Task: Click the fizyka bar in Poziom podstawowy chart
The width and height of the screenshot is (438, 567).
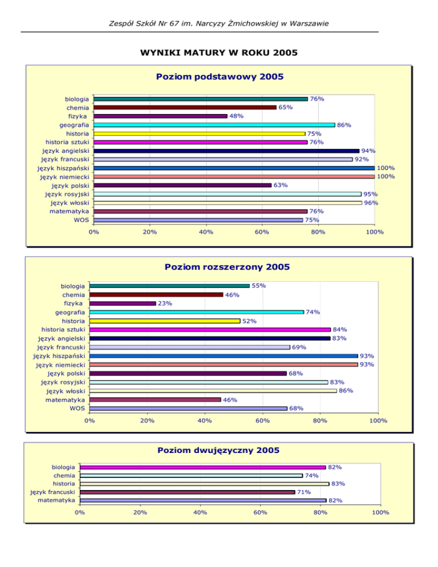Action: [161, 116]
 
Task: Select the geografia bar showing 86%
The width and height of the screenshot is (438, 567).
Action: [214, 125]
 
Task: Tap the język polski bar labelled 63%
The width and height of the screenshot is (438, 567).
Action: [182, 185]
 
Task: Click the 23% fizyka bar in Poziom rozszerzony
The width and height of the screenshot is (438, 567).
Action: [123, 303]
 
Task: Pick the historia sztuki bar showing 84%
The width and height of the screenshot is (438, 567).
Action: [210, 330]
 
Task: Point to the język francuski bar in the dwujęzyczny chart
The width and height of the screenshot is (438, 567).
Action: [188, 492]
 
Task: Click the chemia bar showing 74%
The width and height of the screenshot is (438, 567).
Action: [191, 475]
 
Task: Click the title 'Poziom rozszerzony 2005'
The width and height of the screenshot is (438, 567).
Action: [227, 266]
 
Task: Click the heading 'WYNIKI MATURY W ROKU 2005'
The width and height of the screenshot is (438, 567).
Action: [218, 53]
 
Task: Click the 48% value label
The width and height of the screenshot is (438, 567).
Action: [237, 116]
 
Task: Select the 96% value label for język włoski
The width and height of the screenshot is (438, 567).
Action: [371, 203]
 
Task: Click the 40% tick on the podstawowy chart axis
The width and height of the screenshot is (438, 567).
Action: [206, 233]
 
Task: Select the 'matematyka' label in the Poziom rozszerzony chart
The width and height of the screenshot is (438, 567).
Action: [66, 400]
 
